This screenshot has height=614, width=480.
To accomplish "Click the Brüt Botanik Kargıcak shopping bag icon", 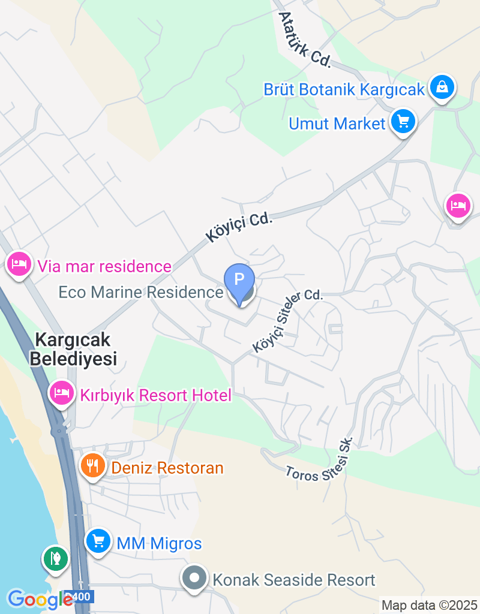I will (x=442, y=88).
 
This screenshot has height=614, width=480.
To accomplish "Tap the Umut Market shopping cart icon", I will (x=403, y=122).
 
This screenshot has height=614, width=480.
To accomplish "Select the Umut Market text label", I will (x=337, y=124).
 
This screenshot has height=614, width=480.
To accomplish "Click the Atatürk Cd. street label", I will (x=305, y=40).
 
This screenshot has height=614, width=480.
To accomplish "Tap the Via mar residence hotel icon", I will (x=19, y=263).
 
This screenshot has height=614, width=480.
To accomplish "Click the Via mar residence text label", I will (x=104, y=266).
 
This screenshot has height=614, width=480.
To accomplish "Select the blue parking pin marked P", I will (x=239, y=282).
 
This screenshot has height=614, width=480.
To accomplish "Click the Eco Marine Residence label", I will (x=140, y=292).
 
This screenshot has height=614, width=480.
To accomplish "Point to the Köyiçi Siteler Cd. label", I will (x=288, y=320).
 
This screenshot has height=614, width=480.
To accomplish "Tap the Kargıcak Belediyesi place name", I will (x=73, y=349).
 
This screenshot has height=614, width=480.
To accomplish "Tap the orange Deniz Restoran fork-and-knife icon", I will (x=92, y=466).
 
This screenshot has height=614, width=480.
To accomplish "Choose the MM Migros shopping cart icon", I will (x=97, y=542).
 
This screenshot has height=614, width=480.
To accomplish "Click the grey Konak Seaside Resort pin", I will (x=195, y=579).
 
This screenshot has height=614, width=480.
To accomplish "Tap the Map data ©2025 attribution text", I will (x=429, y=605).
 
